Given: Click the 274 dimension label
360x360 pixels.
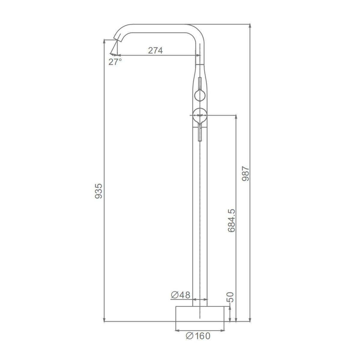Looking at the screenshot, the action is click(x=155, y=50).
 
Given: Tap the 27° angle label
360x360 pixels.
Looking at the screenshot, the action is click(x=115, y=62).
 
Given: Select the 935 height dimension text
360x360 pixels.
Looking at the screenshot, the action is click(x=99, y=191).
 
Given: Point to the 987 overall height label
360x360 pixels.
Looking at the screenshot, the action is click(x=245, y=174).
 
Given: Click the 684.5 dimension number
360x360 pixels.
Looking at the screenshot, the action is click(x=232, y=220).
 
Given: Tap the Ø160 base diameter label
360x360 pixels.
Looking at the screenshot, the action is click(x=198, y=336).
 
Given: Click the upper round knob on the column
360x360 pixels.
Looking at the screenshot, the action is click(x=200, y=95).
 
